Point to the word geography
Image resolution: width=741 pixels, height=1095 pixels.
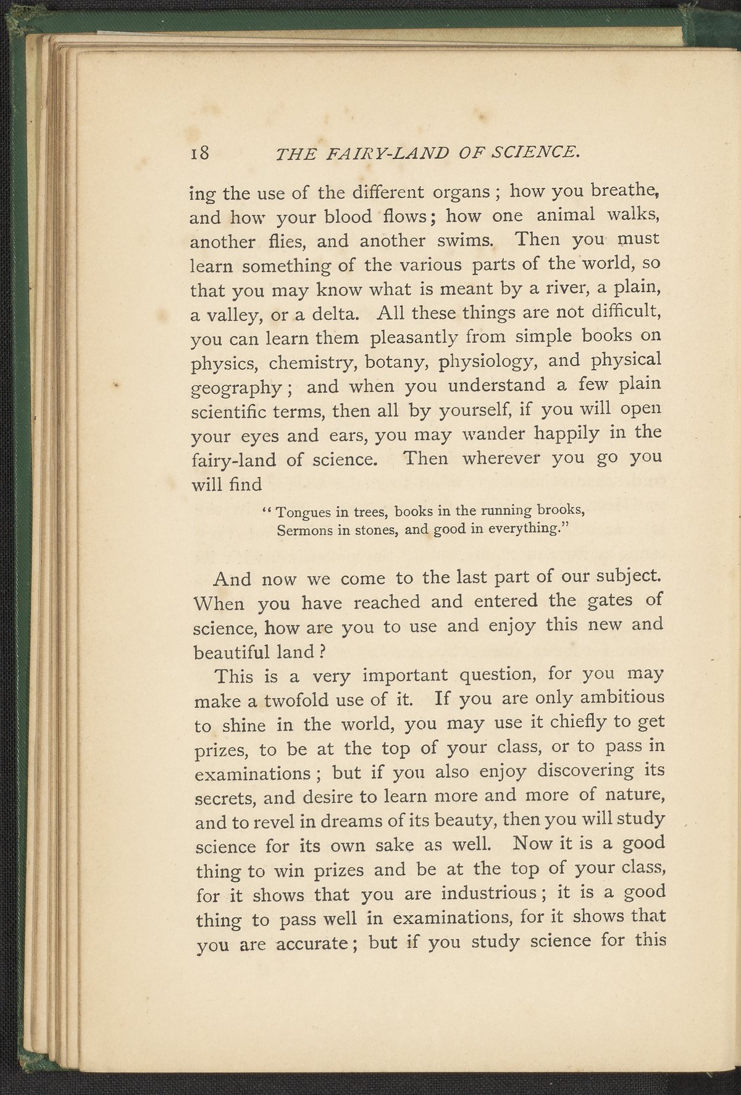237,389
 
